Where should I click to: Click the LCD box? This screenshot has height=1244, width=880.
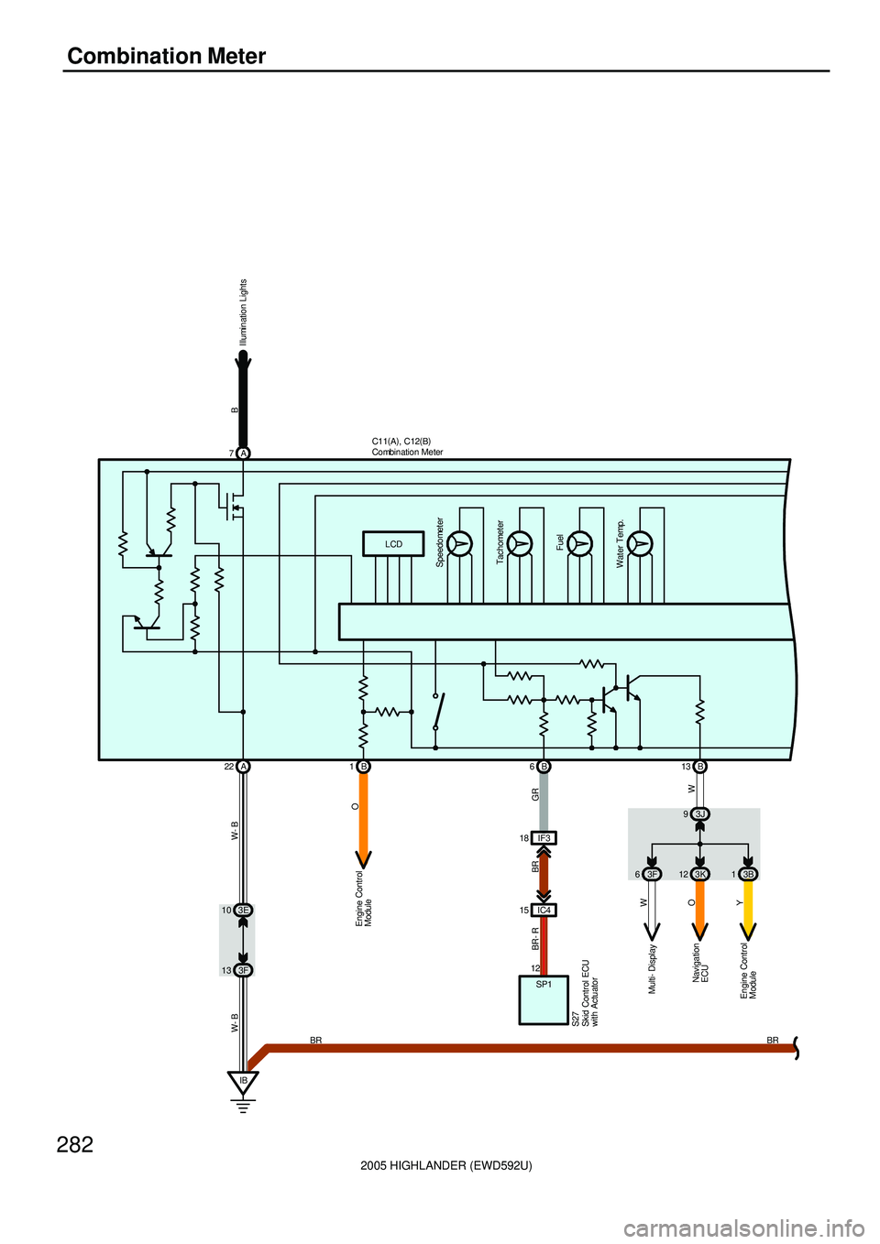coord(393,544)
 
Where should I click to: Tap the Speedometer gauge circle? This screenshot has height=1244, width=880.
coord(460,544)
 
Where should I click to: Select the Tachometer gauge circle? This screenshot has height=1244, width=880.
coord(521,544)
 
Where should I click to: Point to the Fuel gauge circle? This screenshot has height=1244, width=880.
coord(580,544)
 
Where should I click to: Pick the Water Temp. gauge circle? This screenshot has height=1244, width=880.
coord(641,544)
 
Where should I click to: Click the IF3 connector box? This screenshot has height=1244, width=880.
coord(544,837)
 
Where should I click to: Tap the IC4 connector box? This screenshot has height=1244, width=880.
coord(544,911)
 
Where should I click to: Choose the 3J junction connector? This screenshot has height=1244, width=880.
coord(700,814)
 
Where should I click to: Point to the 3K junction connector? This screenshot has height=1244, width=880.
coord(700,874)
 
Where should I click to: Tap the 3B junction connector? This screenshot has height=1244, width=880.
coord(749,874)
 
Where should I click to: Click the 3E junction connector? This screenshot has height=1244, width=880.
coord(243,911)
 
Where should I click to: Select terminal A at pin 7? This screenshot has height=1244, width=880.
coord(243,453)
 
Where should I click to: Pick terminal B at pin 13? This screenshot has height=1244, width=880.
coord(700,767)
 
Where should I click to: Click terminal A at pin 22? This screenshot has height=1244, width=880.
coord(243,767)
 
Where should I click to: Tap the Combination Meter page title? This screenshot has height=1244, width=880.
coord(167,57)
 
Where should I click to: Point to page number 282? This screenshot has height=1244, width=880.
coord(75,1144)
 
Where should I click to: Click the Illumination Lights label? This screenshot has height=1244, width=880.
coord(243,312)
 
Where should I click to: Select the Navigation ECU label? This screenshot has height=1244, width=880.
coord(700,964)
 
